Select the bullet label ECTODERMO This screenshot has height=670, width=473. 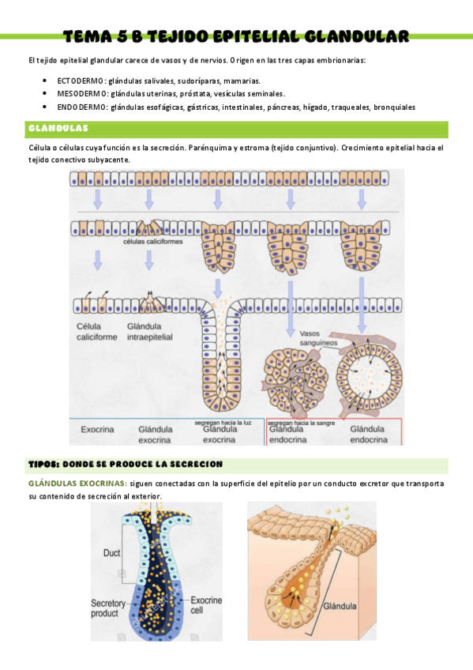pyautogui.click(x=81, y=81)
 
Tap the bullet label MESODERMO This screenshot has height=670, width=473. pyautogui.click(x=82, y=93)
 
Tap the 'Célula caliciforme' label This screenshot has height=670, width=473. pyautogui.click(x=94, y=331)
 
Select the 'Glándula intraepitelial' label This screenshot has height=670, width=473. pyautogui.click(x=150, y=331)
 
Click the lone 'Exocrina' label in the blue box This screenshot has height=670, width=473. pyautogui.click(x=98, y=430)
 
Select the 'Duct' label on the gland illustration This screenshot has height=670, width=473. pyautogui.click(x=112, y=553)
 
